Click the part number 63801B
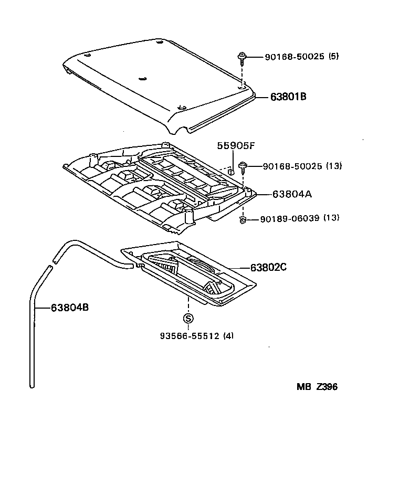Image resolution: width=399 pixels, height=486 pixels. [x=288, y=97]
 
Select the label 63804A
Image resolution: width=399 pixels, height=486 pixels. [x=292, y=194]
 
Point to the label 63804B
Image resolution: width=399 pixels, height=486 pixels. [x=69, y=308]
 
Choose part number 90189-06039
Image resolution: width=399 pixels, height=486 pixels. [x=289, y=218]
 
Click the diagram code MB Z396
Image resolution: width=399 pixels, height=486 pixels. [x=317, y=387]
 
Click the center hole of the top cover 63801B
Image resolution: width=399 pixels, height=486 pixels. [x=142, y=79]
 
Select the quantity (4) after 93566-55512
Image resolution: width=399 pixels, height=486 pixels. [x=228, y=336]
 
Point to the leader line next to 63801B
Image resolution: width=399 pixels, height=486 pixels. [x=262, y=97]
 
